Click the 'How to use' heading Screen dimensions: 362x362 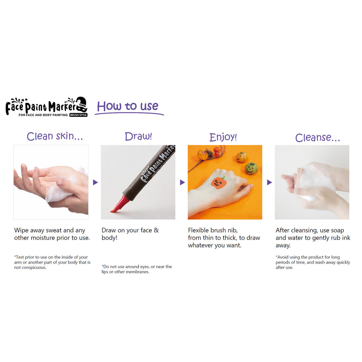click(x=128, y=106)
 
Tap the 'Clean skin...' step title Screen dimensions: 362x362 click(x=55, y=136)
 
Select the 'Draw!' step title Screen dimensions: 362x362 click(x=138, y=136)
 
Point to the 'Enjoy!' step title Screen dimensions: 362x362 click(x=223, y=137)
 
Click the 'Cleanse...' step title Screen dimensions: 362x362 click(x=317, y=138)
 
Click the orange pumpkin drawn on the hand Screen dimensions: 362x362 click(x=218, y=183)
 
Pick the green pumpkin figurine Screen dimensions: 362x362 click(x=251, y=168)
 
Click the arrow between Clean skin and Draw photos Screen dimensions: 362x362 click(x=95, y=182)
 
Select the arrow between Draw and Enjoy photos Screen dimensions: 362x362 click(x=182, y=182)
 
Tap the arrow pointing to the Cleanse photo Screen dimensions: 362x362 click(x=269, y=182)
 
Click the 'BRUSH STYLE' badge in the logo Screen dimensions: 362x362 click(x=78, y=115)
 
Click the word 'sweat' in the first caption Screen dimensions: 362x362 click(x=54, y=230)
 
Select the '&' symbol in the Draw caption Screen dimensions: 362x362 click(x=156, y=230)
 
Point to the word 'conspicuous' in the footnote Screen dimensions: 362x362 click(x=34, y=268)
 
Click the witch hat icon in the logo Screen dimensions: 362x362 click(x=82, y=104)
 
